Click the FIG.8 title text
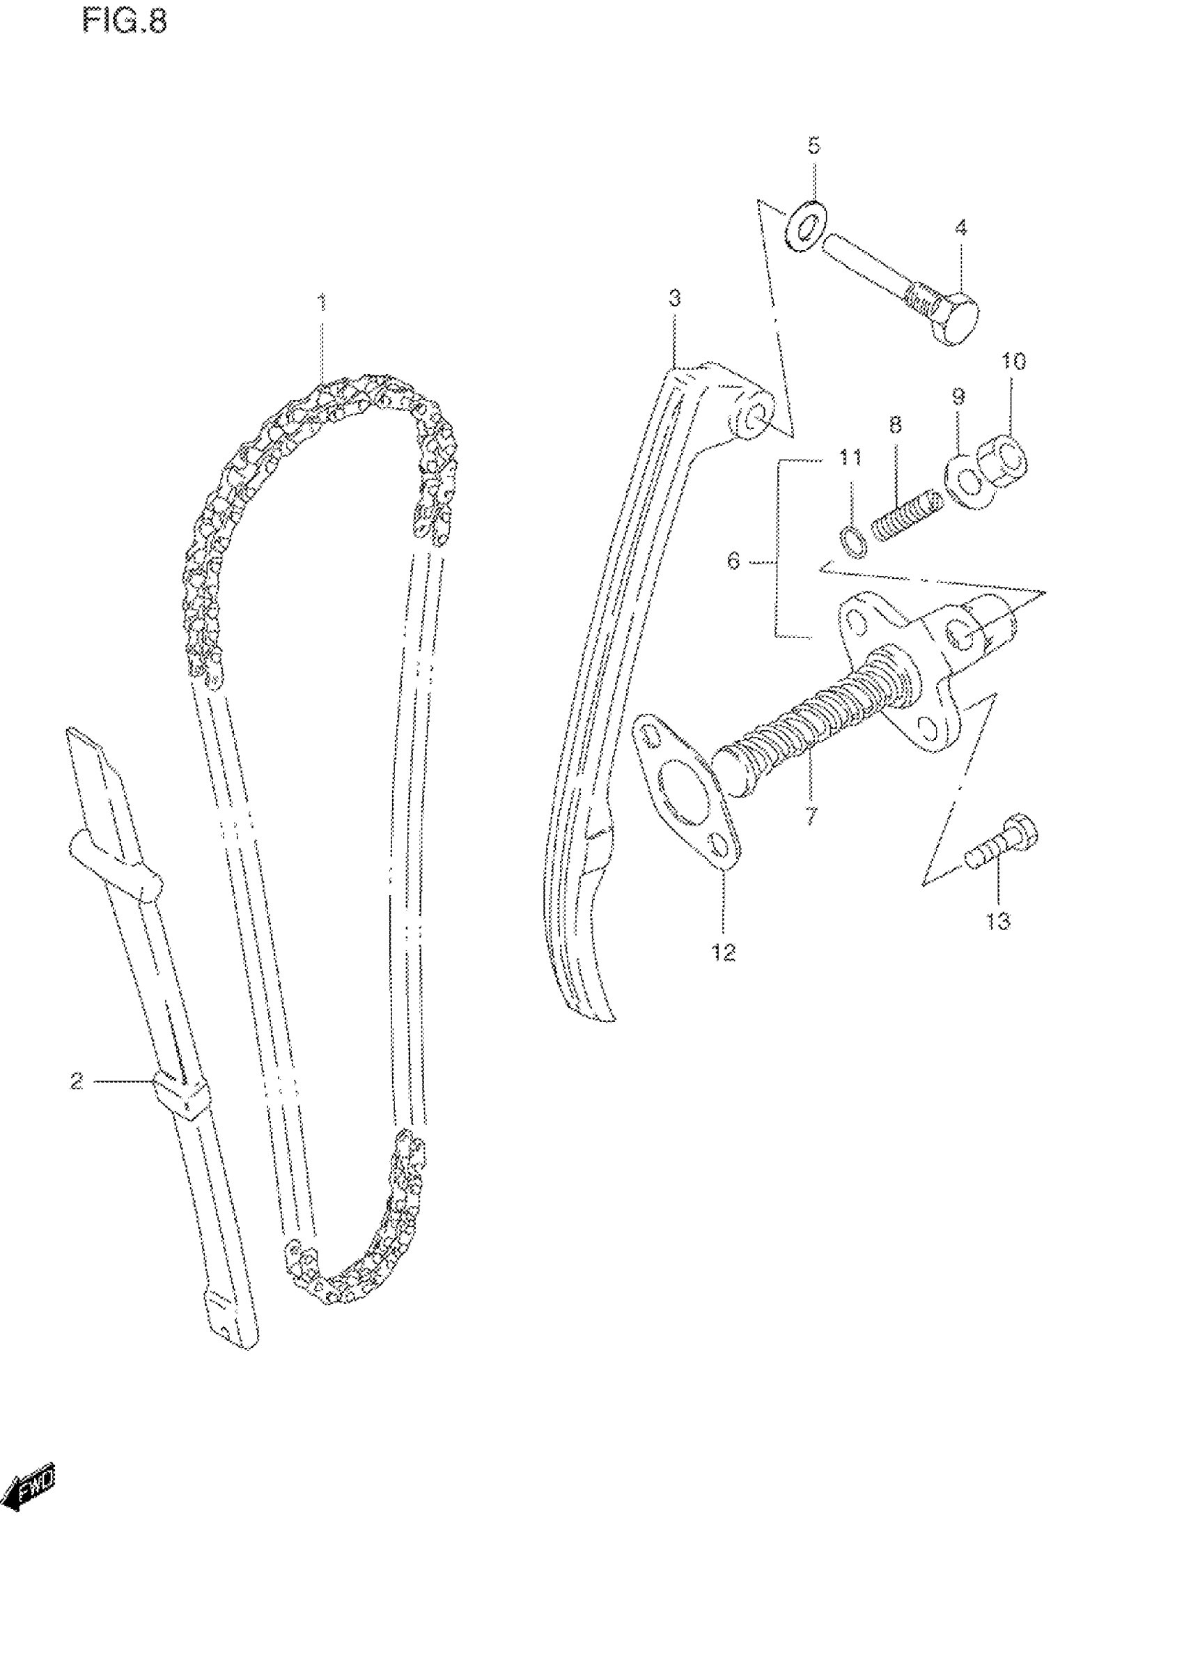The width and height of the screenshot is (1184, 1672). [125, 22]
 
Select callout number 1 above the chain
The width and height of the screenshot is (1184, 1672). [322, 302]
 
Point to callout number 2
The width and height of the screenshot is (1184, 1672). [77, 1081]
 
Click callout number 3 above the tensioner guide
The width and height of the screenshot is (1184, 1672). [674, 298]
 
